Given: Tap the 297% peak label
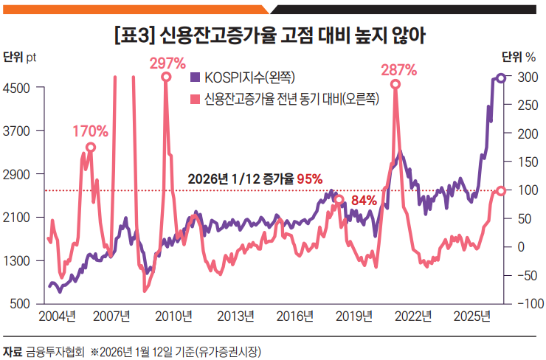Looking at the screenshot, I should click(167, 63).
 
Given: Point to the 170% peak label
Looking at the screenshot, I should click(90, 132).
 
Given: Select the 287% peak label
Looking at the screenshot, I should click(398, 70).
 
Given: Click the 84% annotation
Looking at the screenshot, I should click(364, 200).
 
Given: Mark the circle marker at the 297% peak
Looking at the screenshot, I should click(166, 77).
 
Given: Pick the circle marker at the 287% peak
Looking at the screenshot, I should click(395, 84).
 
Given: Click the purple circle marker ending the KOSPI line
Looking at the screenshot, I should click(500, 78).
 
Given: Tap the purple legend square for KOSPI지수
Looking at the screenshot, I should click(196, 77).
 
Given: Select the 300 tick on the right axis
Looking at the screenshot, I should click(525, 77).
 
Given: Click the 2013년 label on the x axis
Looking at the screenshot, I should click(235, 317).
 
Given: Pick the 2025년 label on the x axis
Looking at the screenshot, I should click(471, 317).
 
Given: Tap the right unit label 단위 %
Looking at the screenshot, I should click(518, 57).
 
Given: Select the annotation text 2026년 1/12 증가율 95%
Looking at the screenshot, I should click(255, 179).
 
